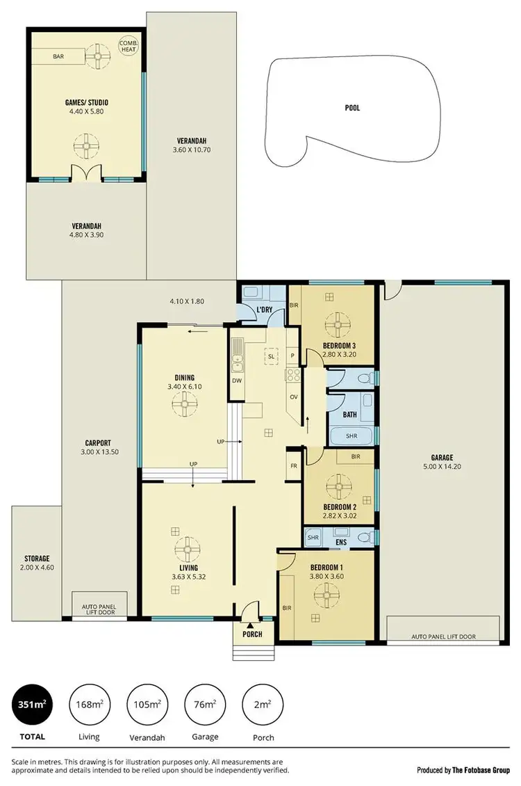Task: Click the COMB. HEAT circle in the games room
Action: (x=129, y=45)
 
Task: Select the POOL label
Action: (x=353, y=108)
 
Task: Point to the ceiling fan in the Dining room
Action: (x=185, y=403)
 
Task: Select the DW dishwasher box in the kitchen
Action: (x=238, y=380)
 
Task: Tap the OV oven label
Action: (x=293, y=397)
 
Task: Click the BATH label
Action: (x=349, y=415)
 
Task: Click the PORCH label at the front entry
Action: (x=252, y=634)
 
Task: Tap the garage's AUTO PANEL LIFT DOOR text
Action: (x=443, y=636)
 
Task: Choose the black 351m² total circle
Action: (x=32, y=705)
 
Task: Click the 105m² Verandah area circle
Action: (x=147, y=705)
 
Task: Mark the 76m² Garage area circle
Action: (x=204, y=705)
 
